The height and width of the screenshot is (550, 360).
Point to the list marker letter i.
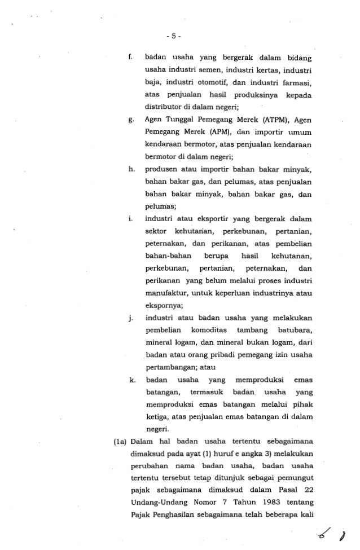(x=131, y=218)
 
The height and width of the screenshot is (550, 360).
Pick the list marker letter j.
(x=131, y=319)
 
